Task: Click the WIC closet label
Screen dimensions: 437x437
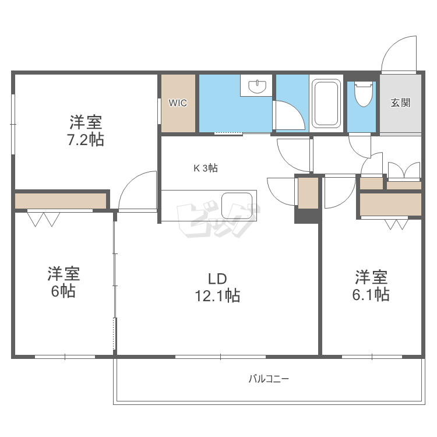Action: tap(178, 103)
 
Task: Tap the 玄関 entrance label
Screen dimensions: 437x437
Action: tap(400, 103)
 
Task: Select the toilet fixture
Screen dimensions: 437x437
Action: tap(364, 94)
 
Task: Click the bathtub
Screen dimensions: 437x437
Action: tap(326, 103)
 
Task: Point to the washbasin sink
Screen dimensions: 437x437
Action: tap(258, 86)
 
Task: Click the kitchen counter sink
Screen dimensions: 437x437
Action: tap(237, 206)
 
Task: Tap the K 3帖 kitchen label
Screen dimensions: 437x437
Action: tap(206, 168)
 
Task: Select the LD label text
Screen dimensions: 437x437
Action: tap(217, 278)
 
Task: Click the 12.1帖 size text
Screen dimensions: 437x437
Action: tap(217, 295)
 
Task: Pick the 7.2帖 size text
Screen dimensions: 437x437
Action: tap(85, 140)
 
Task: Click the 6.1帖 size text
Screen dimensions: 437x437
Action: tap(371, 294)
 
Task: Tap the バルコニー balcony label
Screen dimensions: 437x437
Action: tap(269, 379)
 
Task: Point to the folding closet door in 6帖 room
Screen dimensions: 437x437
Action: tap(43, 219)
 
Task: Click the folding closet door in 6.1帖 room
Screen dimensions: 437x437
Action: tap(396, 224)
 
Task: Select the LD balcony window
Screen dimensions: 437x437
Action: tap(220, 357)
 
